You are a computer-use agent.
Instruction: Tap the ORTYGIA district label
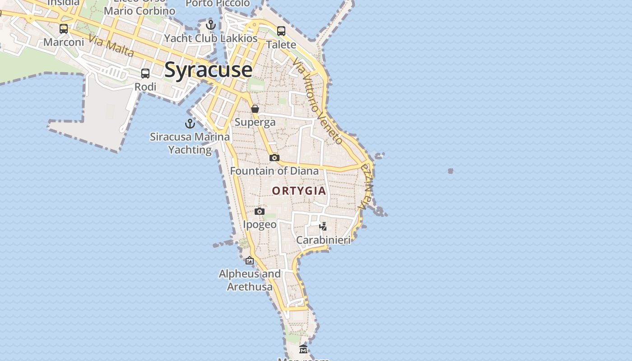(299, 190)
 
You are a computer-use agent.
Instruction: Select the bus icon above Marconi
(64, 29)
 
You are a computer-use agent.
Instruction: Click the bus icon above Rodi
(145, 73)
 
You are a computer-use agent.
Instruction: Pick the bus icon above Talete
(281, 31)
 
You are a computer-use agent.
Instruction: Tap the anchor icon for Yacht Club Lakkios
(210, 24)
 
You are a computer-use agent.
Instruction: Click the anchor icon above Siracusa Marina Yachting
(190, 123)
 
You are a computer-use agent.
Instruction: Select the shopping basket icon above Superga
(255, 109)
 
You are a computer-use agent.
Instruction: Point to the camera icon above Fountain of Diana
(274, 157)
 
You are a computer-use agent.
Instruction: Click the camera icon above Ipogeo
(259, 211)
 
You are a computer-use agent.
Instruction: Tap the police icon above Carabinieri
(323, 226)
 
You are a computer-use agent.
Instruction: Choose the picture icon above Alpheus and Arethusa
(250, 260)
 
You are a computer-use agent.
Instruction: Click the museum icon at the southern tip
(303, 349)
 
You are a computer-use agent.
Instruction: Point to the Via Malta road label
(112, 46)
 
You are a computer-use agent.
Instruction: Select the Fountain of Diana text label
(274, 171)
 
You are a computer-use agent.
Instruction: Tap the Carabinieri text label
(323, 240)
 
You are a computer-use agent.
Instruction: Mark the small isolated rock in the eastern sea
(450, 171)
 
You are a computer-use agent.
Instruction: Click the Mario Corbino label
(139, 10)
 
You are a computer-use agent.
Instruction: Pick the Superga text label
(255, 122)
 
